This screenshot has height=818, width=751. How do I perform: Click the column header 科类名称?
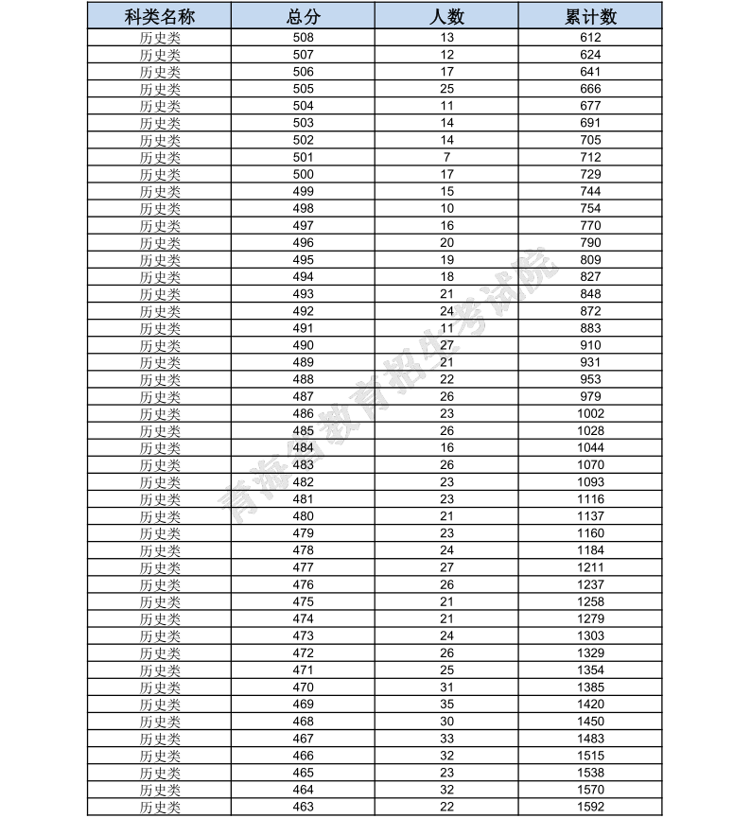pos(160,17)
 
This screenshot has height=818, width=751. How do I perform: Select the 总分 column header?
pos(303,17)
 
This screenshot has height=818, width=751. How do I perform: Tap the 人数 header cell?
pos(446,17)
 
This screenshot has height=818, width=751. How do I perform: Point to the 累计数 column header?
pos(590,17)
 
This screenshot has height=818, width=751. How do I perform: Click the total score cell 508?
pos(303,38)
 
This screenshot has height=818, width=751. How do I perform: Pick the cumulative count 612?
pos(590,38)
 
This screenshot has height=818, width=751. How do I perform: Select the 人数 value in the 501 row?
pos(446,157)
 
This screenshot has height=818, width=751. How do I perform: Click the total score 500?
pos(303,174)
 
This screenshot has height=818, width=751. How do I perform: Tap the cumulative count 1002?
pos(590,413)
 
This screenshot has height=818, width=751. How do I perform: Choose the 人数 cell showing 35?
pos(446,705)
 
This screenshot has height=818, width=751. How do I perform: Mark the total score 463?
pos(303,807)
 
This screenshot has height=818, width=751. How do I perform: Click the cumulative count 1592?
pos(590,807)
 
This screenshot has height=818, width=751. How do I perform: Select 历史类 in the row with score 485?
pos(160,431)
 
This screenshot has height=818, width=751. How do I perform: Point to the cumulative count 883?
pos(590,328)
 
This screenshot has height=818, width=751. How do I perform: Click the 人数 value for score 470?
pos(446,687)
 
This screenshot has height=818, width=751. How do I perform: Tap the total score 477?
pos(303,567)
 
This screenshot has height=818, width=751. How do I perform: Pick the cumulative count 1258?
pos(590,601)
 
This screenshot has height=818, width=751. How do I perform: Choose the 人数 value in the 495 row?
pos(446,260)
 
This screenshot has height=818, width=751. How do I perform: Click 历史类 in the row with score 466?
pos(160,756)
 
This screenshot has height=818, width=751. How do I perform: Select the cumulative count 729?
pos(590,174)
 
